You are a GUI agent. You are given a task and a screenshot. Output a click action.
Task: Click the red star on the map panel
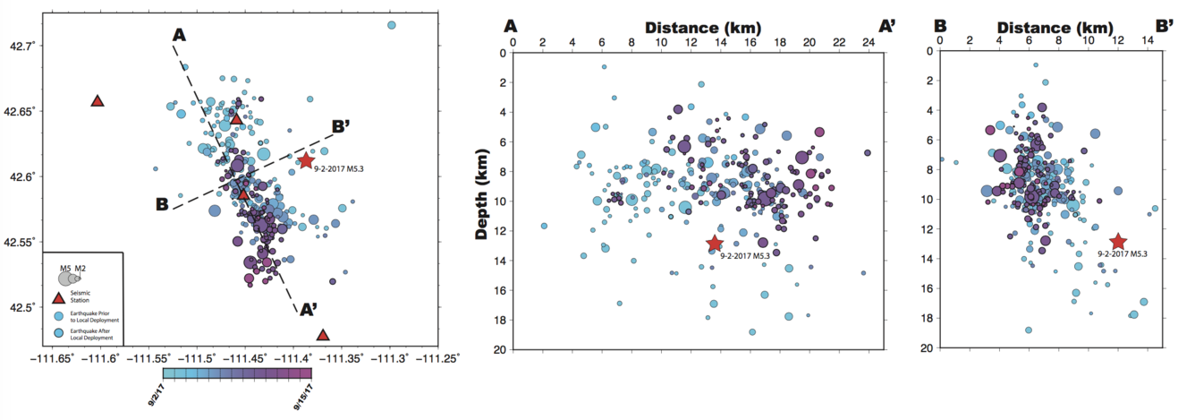tap(306, 161)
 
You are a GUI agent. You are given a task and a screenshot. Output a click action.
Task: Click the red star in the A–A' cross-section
tap(715, 243)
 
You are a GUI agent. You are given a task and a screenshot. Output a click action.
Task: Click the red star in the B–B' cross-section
tap(1117, 241)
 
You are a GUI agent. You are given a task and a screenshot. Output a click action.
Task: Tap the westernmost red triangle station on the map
tap(97, 101)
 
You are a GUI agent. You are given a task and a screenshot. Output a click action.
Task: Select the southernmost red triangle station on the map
tap(323, 336)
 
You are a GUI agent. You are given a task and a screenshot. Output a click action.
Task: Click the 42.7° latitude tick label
tap(21, 45)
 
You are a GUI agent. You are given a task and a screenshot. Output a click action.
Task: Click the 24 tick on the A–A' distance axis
tap(868, 42)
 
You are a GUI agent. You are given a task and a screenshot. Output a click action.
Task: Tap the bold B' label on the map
tap(341, 126)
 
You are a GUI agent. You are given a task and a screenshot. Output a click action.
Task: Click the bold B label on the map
tap(162, 204)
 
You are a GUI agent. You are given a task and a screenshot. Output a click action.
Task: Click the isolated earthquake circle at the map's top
tap(391, 24)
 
